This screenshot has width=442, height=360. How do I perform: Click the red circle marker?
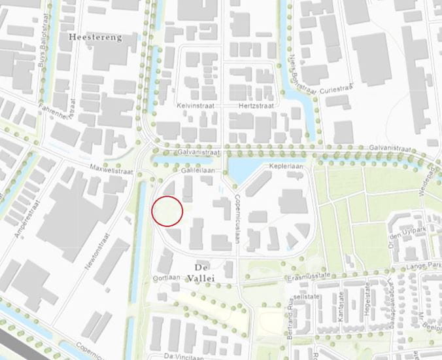pos(167,211)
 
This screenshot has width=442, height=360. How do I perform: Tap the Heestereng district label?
pos(95,38)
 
